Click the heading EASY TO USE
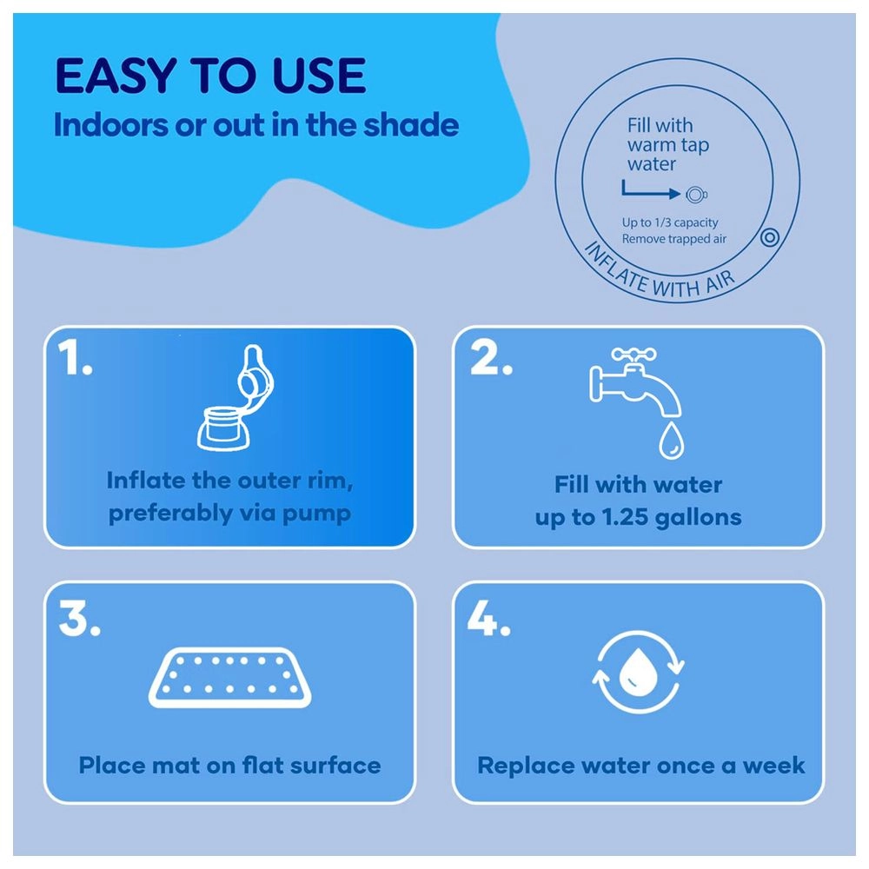(x=210, y=76)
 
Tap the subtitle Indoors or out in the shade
(x=256, y=124)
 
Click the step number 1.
(x=75, y=357)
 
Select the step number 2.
(x=490, y=357)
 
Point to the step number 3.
(x=80, y=619)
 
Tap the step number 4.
(x=488, y=619)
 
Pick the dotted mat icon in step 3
(x=230, y=677)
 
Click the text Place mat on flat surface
(x=230, y=766)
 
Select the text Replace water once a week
(x=641, y=766)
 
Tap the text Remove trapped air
(x=674, y=239)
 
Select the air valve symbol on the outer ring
(x=770, y=237)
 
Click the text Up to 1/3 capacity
(x=670, y=222)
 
